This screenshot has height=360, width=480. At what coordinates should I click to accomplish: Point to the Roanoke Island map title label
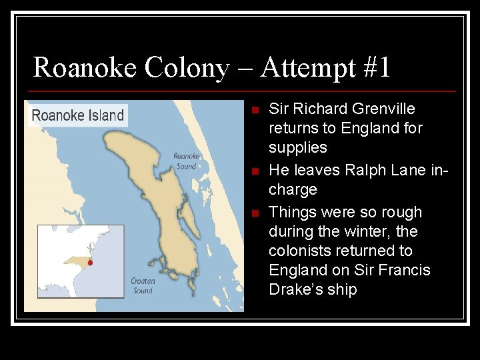point(77,115)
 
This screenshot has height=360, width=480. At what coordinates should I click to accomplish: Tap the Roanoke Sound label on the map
point(186,161)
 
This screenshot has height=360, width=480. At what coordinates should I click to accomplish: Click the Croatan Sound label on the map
point(143,286)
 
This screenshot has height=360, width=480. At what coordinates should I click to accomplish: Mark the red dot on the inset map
point(90,263)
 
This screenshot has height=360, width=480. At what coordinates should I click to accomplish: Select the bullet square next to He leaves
point(254,172)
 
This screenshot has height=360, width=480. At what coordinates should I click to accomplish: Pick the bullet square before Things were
point(254,213)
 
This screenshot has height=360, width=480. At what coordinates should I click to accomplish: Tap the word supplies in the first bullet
point(297,147)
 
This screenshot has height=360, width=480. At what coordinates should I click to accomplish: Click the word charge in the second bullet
point(292,190)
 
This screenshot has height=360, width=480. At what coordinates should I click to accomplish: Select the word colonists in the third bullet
point(298,251)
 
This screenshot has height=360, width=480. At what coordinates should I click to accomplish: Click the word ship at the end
point(343,290)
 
